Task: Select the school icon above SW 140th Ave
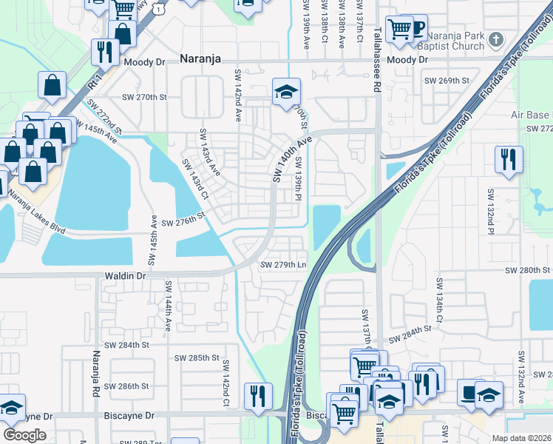coord(286,92)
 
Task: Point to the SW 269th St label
coord(446,81)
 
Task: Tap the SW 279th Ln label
coord(283,265)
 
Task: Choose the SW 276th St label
coord(182,221)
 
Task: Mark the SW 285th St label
coord(197,358)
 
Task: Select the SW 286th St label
coord(127,386)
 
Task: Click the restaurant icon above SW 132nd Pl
coord(509,159)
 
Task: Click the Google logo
coord(24,434)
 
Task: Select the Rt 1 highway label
coord(93,77)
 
